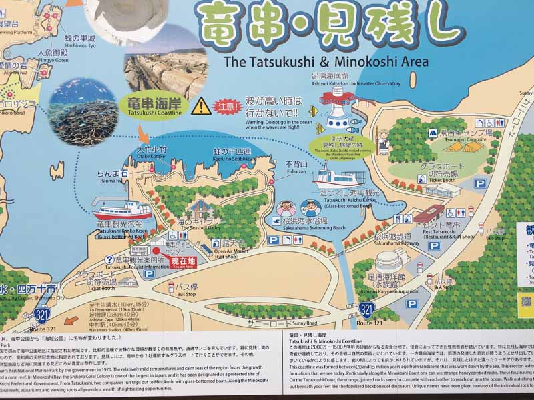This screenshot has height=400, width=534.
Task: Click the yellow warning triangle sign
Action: (x=201, y=105)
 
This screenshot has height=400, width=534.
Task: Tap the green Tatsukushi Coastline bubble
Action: (x=154, y=106)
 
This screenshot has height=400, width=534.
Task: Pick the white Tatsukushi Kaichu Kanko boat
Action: (x=337, y=179)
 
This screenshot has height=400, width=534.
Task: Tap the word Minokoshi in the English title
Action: (x=358, y=62)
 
